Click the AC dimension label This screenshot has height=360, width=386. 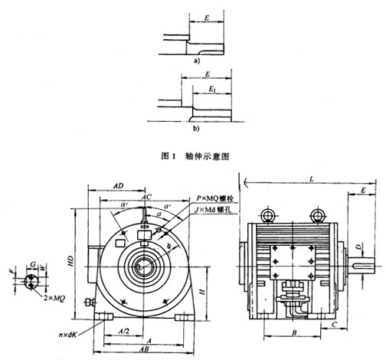point(146,198)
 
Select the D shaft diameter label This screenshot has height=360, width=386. point(358,247)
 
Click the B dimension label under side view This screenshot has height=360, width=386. point(295,335)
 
